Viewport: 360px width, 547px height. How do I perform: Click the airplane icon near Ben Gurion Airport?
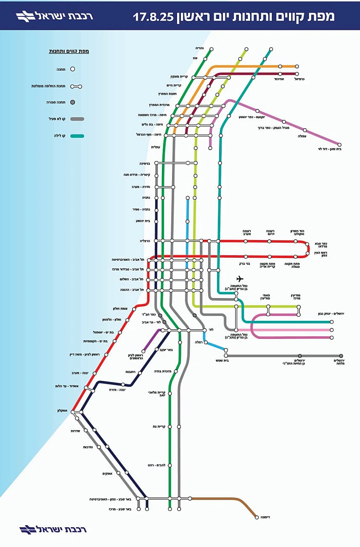pos(239,279)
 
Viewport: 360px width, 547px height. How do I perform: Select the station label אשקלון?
pos(64,410)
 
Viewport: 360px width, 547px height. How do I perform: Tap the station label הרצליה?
pos(145,241)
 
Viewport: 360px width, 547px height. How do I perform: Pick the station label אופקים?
pos(108,473)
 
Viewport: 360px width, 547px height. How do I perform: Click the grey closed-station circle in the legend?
pos(73,102)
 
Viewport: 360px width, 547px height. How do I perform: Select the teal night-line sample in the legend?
pos(77,136)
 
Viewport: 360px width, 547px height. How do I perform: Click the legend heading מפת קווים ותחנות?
pos(69,51)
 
